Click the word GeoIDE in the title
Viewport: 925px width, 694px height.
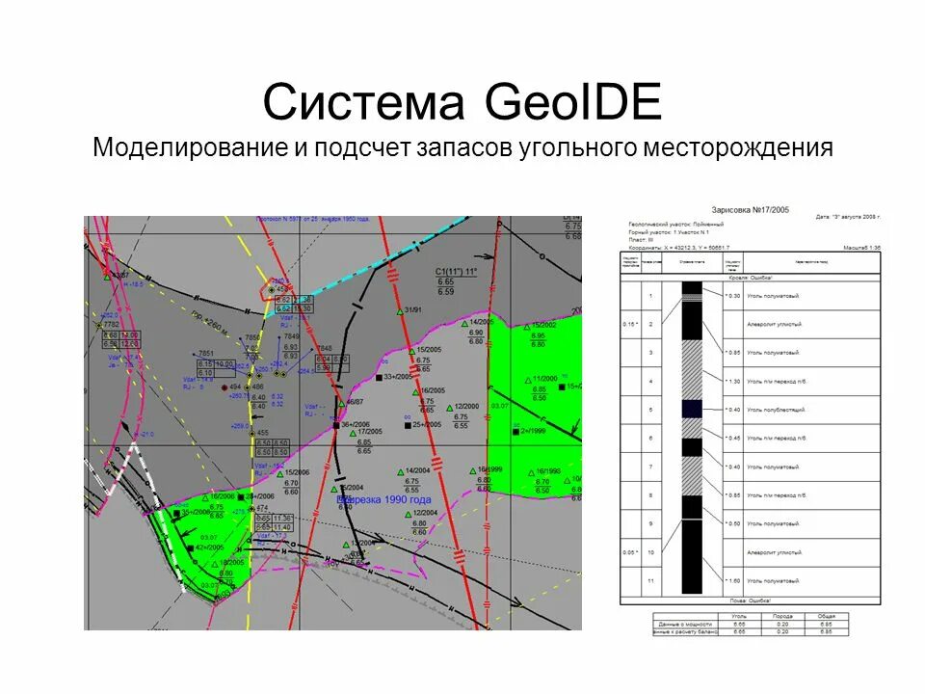pos(573,102)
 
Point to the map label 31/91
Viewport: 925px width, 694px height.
pos(414,310)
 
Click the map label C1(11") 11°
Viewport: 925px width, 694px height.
pos(456,272)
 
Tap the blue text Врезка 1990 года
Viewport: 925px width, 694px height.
pos(383,500)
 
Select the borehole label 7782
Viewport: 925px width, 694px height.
pos(111,325)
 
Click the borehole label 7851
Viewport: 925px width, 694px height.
pos(205,354)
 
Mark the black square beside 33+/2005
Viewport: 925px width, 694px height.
pos(379,378)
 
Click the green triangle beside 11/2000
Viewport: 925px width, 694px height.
pos(526,380)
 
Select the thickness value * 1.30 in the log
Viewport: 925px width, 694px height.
pos(732,382)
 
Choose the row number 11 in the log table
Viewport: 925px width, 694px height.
pos(651,581)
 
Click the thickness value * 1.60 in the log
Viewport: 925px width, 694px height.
pos(732,581)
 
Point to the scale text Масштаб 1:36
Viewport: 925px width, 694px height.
pos(861,249)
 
